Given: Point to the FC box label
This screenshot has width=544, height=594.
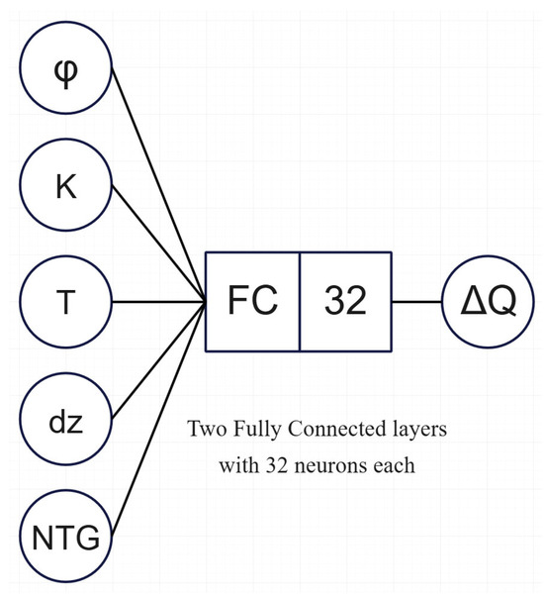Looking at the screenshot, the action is pos(252,300).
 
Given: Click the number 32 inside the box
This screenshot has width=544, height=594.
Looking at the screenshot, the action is pos(345,300).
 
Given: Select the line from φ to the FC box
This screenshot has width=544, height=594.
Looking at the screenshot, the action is pos(158,184).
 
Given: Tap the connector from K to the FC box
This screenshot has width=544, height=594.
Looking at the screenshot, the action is pos(159,244).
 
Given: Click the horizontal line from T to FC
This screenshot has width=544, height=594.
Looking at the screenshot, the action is pos(159,302).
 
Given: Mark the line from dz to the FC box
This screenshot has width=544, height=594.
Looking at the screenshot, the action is pos(159,360).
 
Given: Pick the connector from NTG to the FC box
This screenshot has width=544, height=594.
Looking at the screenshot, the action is pos(159,419).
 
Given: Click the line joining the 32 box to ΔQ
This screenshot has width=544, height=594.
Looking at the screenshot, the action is pos(416,302).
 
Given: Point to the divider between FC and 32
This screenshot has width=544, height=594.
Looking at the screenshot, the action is pos(300,302).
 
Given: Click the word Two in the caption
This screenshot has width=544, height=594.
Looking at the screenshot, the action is pos(208,429).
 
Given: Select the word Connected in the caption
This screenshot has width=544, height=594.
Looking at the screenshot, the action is pos(335,429).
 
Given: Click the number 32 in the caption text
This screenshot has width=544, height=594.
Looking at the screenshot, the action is pos(278,464).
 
